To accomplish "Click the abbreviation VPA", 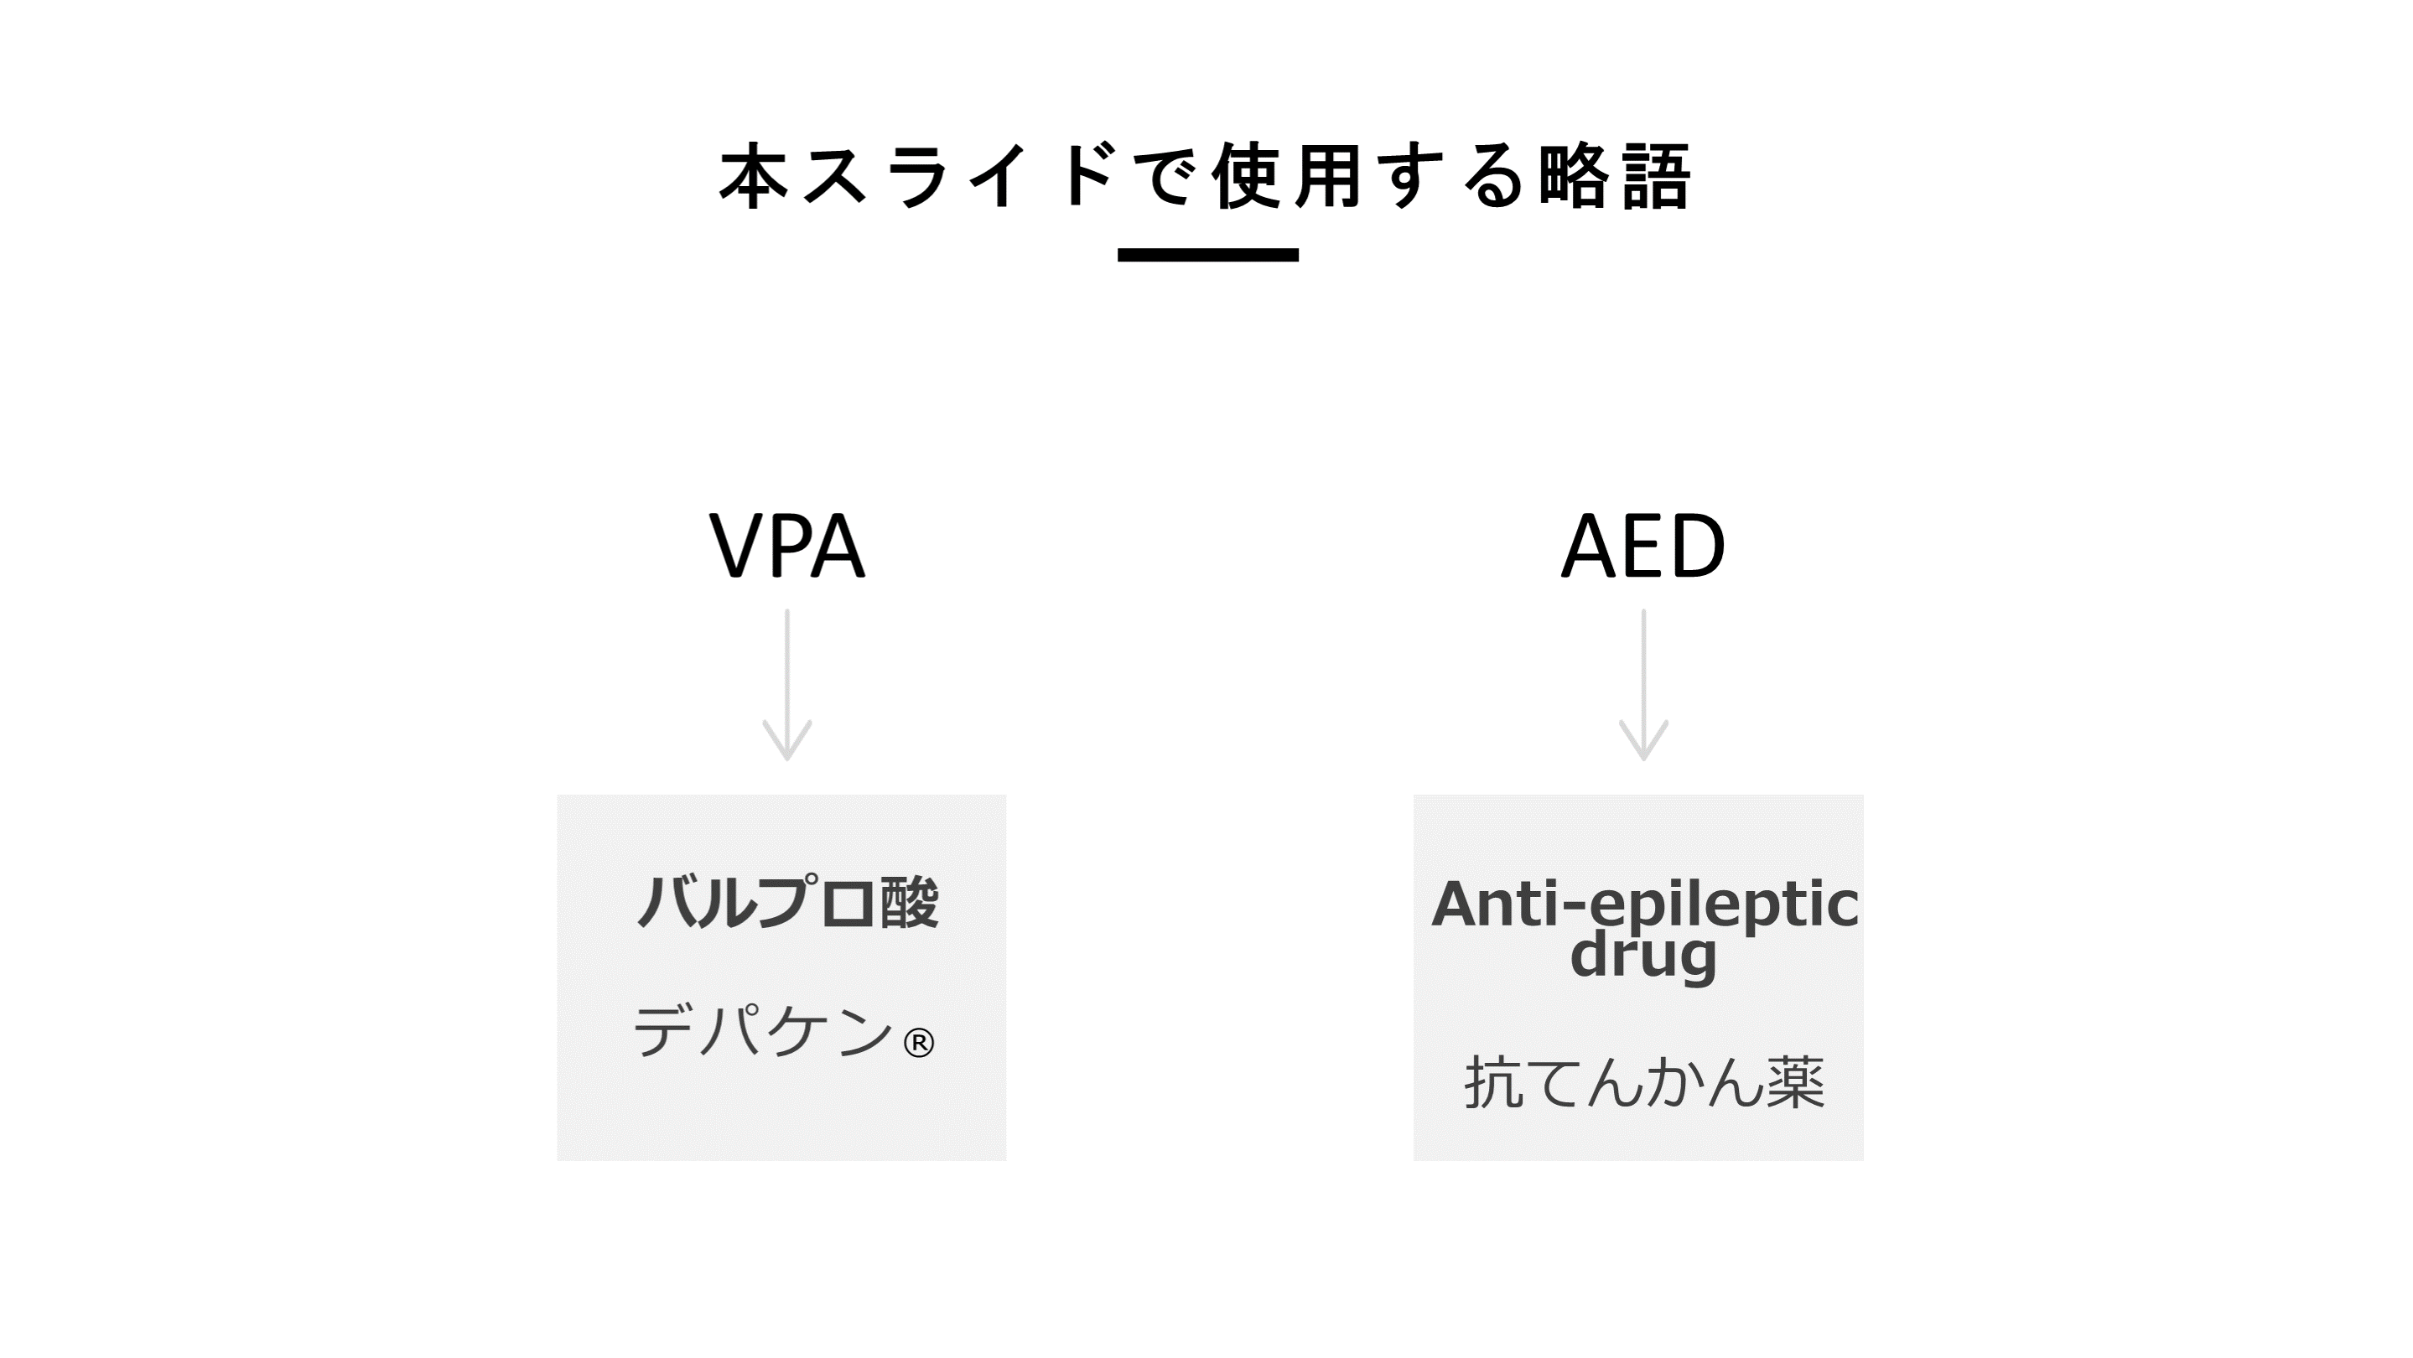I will pyautogui.click(x=786, y=546).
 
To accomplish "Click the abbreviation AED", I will pyautogui.click(x=1643, y=546).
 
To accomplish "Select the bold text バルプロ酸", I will pyautogui.click(x=786, y=903).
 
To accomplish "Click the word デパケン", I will pyautogui.click(x=764, y=1031).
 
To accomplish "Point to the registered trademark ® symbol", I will pyautogui.click(x=918, y=1042).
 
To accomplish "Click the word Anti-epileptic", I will pyautogui.click(x=1644, y=904).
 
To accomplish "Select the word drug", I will pyautogui.click(x=1643, y=956).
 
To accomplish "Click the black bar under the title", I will pyautogui.click(x=1207, y=255).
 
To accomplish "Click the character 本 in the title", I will pyautogui.click(x=753, y=176).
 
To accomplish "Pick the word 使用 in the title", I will pyautogui.click(x=1288, y=176).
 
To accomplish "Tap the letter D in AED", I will pyautogui.click(x=1696, y=546).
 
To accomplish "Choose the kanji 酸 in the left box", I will pyautogui.click(x=909, y=903).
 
